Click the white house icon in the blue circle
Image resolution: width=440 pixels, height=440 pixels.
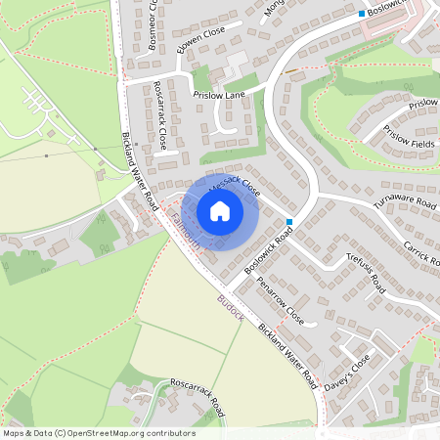click(220, 211)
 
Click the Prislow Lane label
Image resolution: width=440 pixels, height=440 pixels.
click(219, 95)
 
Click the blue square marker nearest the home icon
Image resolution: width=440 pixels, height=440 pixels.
click(289, 222)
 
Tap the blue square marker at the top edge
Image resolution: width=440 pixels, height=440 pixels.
click(361, 14)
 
